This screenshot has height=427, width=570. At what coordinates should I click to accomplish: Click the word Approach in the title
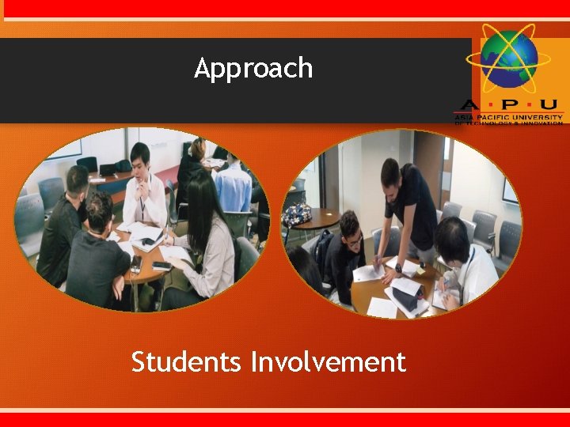coord(253,69)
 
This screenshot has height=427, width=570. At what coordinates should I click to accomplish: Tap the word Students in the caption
coord(187,362)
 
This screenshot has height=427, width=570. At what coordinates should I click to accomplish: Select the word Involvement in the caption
coord(328,362)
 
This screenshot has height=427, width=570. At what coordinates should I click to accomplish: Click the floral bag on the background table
coord(297,213)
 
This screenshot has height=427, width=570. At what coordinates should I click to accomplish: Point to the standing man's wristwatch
coord(397,267)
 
